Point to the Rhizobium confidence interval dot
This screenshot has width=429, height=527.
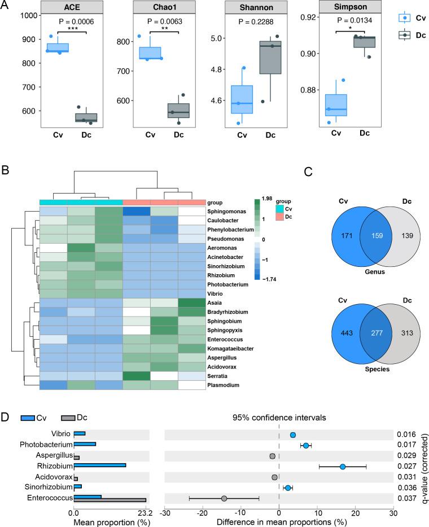343,467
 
